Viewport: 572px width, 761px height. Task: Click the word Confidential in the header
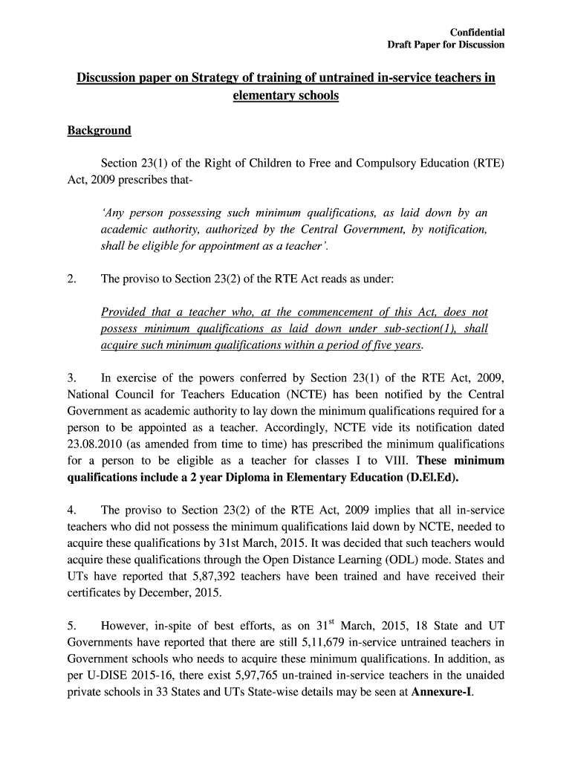coord(478,32)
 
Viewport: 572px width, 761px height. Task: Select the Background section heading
coord(99,131)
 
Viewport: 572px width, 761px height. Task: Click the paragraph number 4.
coord(72,510)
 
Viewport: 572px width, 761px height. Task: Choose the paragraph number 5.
coord(72,626)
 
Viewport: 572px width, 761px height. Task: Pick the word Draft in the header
coord(402,45)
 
